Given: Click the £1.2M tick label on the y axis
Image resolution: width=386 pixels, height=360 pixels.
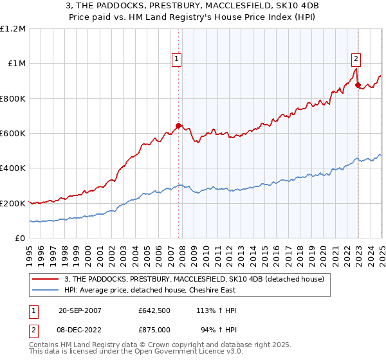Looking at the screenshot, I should pos(13,29).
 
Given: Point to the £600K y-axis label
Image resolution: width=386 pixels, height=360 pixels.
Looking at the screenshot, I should pos(13,134).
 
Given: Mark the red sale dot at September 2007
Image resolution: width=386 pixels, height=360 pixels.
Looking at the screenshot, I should pos(179,126).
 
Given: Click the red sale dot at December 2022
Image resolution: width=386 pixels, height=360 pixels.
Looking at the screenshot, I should pos(358,85).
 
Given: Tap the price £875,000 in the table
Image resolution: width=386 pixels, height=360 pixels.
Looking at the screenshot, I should pos(154,330).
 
